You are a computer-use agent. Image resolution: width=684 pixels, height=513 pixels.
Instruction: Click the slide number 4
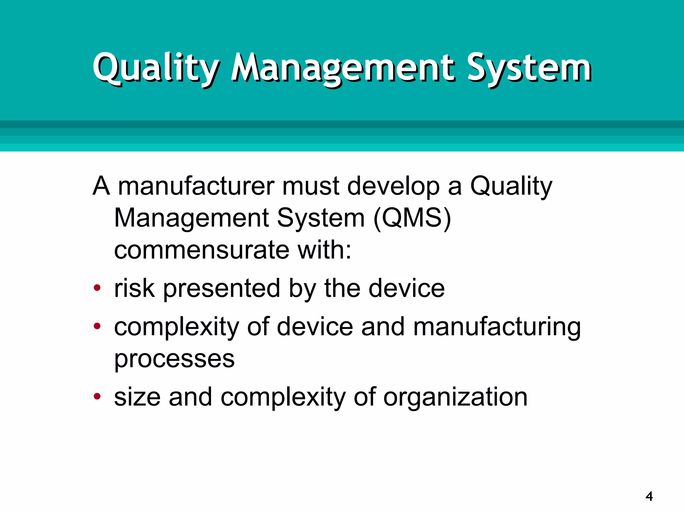[649, 496]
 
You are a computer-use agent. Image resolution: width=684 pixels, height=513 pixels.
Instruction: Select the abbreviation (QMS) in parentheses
[412, 218]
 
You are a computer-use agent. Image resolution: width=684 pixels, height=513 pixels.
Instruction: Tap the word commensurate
[202, 250]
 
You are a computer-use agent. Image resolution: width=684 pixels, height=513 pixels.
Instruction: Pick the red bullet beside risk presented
[97, 288]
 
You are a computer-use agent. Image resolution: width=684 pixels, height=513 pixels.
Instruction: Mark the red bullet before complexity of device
[97, 326]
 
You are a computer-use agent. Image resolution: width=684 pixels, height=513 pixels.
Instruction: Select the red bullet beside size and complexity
[97, 396]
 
